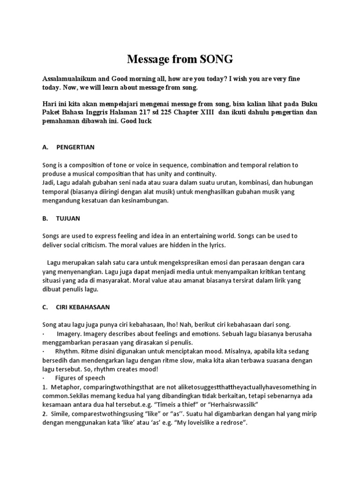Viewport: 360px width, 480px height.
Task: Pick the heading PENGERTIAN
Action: pos(75,147)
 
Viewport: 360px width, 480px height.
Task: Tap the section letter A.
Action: pos(45,147)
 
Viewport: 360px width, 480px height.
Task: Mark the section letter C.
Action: pos(45,307)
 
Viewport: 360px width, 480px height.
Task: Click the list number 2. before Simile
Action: pos(44,413)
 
